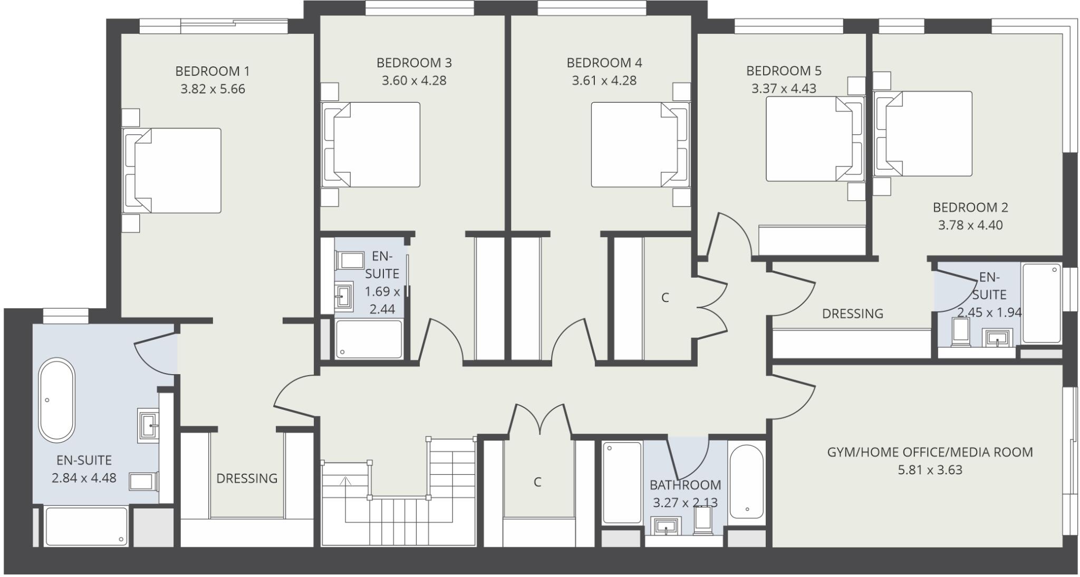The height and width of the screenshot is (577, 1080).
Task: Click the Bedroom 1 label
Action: pos(213,71)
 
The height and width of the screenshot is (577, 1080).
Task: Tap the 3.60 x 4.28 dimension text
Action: pos(414,81)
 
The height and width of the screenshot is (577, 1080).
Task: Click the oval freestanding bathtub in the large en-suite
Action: pos(56,399)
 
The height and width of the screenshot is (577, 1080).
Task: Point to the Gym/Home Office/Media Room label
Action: pos(930,452)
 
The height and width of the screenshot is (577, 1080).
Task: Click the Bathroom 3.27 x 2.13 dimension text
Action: pos(685,503)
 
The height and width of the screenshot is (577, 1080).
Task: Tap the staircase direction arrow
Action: pos(345,481)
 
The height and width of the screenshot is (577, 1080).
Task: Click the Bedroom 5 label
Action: pos(784,71)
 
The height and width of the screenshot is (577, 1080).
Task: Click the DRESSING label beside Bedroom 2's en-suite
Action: pos(852,314)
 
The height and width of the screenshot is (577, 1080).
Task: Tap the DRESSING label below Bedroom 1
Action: pos(247,478)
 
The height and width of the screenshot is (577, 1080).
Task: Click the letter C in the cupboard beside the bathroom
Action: pos(537,482)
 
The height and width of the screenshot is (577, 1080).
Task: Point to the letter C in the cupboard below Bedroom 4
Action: pos(665,298)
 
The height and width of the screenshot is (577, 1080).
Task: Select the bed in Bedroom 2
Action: pos(923,134)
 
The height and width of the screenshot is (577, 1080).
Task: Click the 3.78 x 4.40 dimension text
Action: pos(970,226)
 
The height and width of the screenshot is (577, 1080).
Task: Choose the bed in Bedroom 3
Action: pos(371,144)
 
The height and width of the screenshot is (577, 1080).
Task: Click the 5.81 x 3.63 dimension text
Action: pos(930,470)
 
